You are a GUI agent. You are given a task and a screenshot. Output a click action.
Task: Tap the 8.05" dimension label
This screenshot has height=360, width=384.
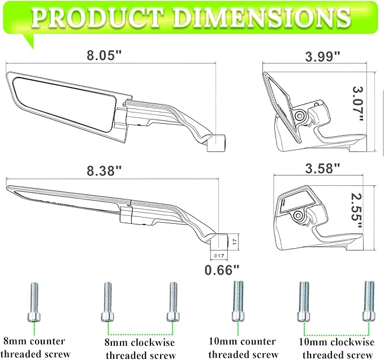pyautogui.click(x=103, y=56)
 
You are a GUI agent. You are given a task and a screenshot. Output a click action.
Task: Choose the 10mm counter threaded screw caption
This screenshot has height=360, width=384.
pyautogui.click(x=243, y=348)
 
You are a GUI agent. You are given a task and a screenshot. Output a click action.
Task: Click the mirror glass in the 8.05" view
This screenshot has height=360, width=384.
pyautogui.click(x=62, y=102)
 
